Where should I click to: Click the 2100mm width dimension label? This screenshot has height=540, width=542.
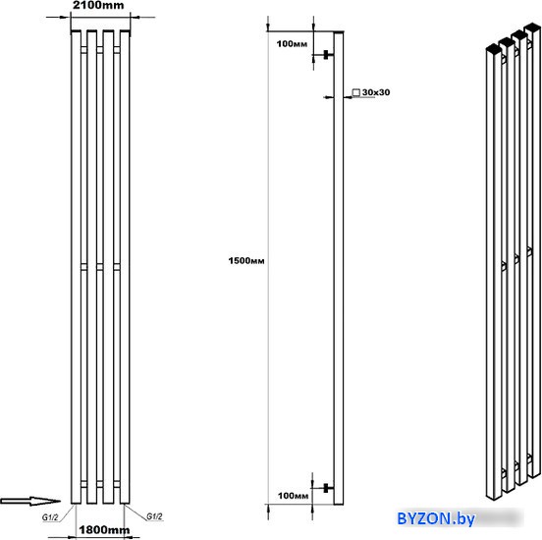98,5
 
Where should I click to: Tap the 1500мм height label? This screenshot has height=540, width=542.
246,260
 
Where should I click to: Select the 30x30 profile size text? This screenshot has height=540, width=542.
376,92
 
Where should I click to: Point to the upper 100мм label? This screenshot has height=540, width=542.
292,44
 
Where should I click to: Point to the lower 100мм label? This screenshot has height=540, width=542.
293,496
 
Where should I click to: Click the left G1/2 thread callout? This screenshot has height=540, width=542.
50,517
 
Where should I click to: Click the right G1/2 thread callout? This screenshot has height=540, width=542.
154,516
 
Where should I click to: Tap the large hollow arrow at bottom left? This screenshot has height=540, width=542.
30,501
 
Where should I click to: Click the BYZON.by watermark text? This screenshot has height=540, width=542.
436,518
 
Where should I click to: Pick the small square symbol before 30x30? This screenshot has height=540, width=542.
356,92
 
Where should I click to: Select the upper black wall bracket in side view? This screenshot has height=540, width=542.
326,55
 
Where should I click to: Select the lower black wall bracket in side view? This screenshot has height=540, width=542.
326,488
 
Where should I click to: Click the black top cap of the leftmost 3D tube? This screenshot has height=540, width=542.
494,49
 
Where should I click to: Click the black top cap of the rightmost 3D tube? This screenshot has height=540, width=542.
532,27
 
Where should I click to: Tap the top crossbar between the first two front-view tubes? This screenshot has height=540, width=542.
84,50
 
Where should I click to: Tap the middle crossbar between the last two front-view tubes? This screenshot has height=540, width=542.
117,267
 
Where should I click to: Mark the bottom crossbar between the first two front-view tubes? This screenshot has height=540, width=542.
84,484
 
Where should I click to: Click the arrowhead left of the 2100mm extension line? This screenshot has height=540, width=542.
65,17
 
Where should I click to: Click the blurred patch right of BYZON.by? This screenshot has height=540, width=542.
500,518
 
